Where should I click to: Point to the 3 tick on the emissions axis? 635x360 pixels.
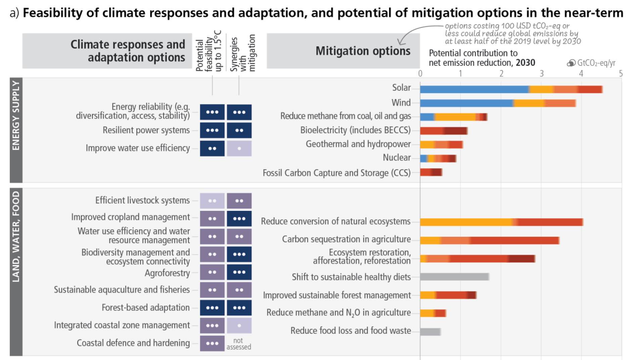coord(541,74)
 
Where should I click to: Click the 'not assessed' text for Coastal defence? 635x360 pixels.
coord(239,344)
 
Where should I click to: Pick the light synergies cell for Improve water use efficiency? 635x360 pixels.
coord(239,148)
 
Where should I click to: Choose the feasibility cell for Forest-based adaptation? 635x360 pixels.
coord(212,308)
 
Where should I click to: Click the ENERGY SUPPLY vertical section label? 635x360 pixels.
coord(16,116)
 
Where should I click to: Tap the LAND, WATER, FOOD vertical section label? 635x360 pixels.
coord(16,237)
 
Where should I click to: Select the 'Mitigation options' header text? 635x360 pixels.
coord(363,51)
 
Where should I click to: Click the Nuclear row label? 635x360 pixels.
coord(397,157)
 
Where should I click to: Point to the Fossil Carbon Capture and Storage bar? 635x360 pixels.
coord(431,172)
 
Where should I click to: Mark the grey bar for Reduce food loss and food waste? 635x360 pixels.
coord(430,332)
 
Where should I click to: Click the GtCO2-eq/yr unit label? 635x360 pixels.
coord(596,63)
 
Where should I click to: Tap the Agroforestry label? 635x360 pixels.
coord(167,273)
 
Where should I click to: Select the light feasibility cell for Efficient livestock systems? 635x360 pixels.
coord(212,201)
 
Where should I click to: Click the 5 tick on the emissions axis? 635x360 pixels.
coord(621,74)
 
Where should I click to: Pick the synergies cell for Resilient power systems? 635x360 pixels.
coord(239,130)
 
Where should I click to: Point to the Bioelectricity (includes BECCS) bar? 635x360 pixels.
coord(443,131)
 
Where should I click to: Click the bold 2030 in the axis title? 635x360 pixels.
coord(525,63)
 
